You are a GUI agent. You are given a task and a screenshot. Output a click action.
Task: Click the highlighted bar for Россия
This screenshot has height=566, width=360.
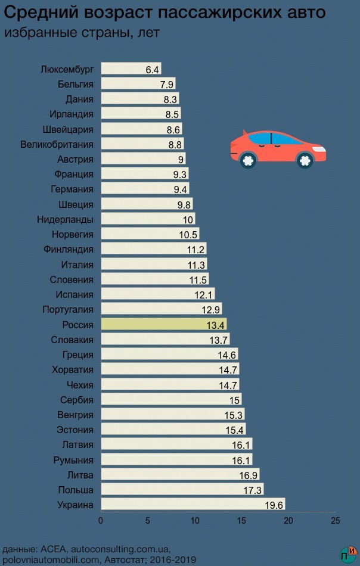click(x=163, y=325)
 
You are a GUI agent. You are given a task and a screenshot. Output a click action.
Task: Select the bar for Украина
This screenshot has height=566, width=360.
click(x=193, y=505)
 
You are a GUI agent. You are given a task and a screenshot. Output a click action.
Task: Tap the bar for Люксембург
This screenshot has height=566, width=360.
click(x=131, y=69)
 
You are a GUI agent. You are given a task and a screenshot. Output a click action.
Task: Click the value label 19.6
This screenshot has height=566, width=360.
click(x=274, y=505)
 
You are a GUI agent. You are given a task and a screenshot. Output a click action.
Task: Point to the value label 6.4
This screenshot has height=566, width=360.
click(x=153, y=70)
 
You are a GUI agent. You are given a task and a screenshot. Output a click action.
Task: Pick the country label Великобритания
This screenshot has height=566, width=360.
click(x=57, y=144)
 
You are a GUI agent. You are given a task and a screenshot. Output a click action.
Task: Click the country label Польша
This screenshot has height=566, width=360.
click(x=76, y=490)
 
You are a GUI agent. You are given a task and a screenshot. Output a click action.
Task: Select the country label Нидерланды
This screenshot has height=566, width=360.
click(x=65, y=219)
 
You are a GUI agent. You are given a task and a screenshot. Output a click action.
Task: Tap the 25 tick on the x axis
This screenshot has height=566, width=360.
click(x=335, y=521)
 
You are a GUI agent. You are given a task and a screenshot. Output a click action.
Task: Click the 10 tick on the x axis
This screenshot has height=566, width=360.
click(x=194, y=521)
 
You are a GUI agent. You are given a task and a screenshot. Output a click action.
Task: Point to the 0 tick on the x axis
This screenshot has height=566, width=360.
click(x=101, y=521)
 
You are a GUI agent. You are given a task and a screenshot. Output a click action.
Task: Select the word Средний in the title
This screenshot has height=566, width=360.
click(x=39, y=12)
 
